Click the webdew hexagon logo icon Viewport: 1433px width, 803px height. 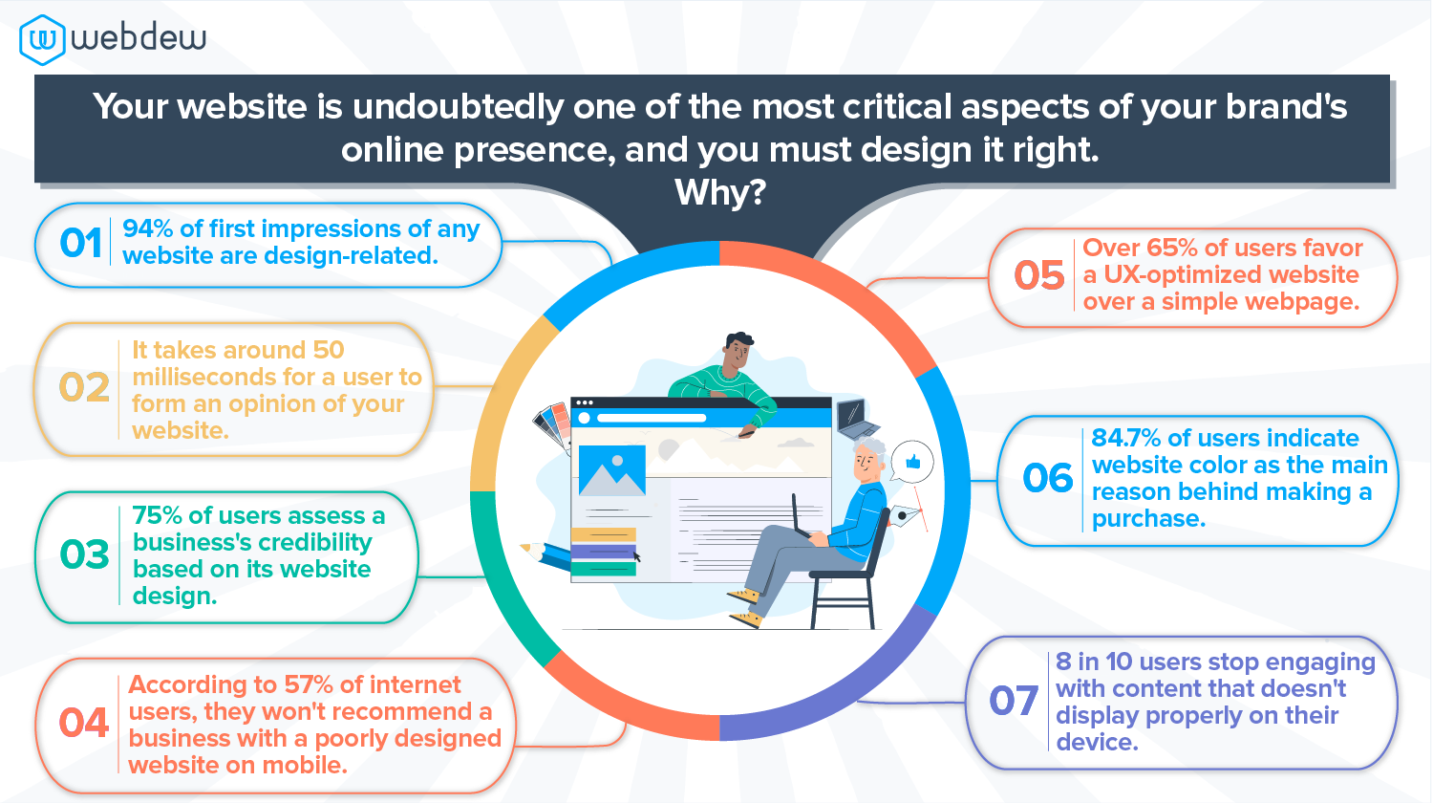(x=42, y=40)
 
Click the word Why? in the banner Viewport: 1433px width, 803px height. (x=720, y=192)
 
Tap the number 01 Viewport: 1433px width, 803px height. (x=80, y=244)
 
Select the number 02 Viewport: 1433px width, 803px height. (x=84, y=387)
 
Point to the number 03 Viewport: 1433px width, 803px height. (x=84, y=553)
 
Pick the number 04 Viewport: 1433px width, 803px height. (x=84, y=723)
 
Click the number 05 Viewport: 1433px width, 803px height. (x=1039, y=275)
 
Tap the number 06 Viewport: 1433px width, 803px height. (x=1048, y=478)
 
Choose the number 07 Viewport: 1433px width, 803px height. (x=1014, y=701)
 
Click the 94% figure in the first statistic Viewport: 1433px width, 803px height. (x=148, y=228)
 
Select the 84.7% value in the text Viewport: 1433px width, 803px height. (x=1126, y=438)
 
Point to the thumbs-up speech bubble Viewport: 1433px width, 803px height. (x=911, y=462)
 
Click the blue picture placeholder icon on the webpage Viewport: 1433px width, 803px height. (x=611, y=470)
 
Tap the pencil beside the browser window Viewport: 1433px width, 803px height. (x=545, y=555)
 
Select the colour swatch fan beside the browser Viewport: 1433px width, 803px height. (x=553, y=424)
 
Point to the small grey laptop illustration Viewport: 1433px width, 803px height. (x=857, y=419)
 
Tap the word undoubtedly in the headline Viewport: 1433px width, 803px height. (x=458, y=106)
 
